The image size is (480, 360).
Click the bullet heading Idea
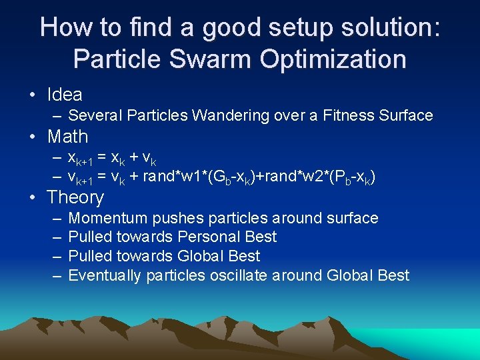65,95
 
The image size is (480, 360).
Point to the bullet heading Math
67,137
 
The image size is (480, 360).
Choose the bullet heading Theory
75,197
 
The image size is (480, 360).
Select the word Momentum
109,219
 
